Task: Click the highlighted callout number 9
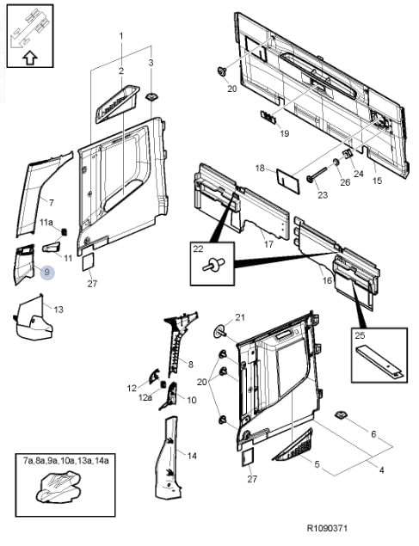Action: (x=46, y=272)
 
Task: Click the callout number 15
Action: (x=377, y=181)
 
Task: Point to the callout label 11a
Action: (x=47, y=223)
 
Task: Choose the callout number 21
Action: (x=240, y=317)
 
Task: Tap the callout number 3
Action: (x=151, y=63)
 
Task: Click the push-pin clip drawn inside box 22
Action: (x=208, y=267)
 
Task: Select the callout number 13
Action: (x=59, y=309)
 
